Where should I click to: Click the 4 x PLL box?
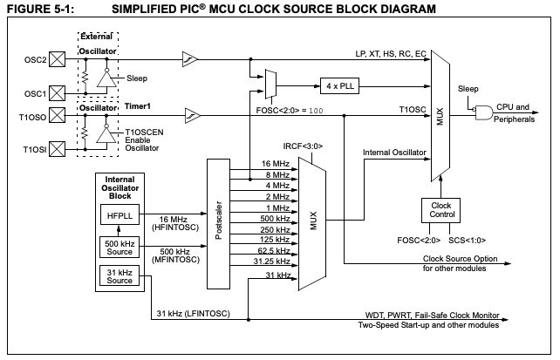(337, 86)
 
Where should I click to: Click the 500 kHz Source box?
(120, 248)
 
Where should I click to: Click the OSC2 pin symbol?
(58, 60)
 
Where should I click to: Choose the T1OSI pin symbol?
(58, 150)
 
